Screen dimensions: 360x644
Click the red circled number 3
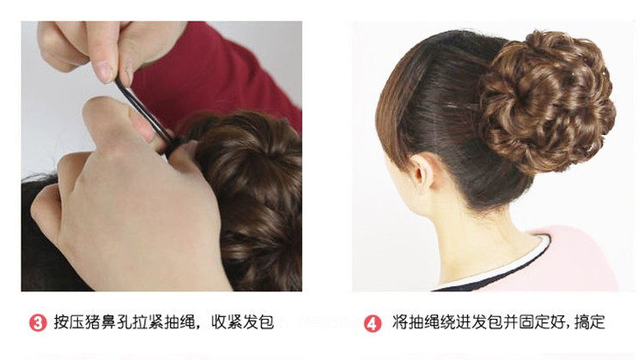(38, 323)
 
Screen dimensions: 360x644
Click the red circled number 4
(373, 323)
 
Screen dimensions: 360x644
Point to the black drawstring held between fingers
(141, 107)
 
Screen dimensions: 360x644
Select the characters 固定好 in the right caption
(535, 323)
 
